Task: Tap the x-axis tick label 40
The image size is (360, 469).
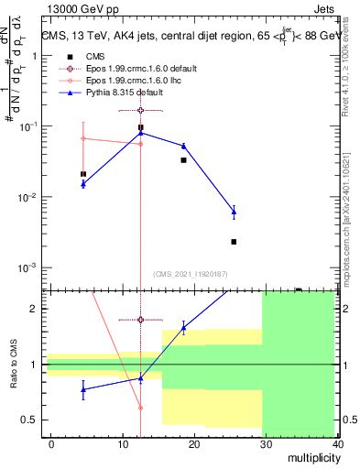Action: [x=338, y=442]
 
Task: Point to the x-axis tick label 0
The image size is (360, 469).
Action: [x=51, y=442]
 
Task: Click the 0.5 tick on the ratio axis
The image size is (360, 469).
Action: [x=35, y=420]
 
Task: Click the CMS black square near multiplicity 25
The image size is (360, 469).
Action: [x=234, y=242]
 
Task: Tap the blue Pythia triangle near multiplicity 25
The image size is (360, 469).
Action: [x=234, y=212]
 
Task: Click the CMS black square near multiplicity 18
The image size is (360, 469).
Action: [x=183, y=160]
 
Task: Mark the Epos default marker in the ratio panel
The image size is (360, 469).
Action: [x=140, y=320]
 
